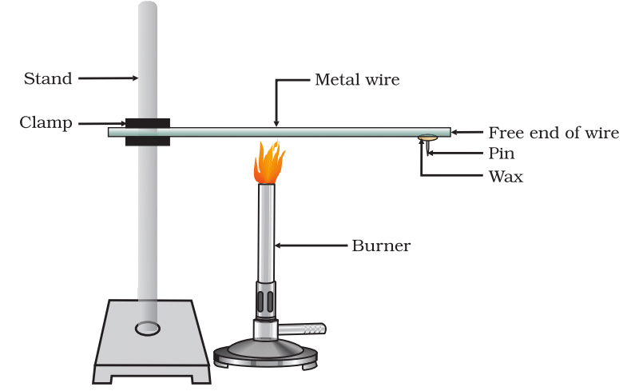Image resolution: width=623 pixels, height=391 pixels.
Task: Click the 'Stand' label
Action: pos(47,78)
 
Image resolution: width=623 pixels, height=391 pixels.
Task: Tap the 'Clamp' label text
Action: pos(46,123)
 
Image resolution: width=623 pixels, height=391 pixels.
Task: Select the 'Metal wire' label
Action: pos(356,79)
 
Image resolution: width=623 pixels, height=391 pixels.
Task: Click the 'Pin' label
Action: pos(501,154)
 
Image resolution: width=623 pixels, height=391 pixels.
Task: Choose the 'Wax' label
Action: pos(505,177)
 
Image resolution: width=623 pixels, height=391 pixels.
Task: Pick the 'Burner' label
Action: pos(381,245)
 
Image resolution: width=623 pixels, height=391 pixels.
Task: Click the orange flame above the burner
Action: pos(268,163)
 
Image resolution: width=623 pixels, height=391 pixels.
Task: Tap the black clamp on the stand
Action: pos(147,133)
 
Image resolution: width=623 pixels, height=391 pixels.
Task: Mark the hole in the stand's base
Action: pos(147,328)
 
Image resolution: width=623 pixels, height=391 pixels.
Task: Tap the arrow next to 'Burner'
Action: pos(311,245)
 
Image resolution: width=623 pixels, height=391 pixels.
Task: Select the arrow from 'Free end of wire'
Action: pos(467,133)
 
